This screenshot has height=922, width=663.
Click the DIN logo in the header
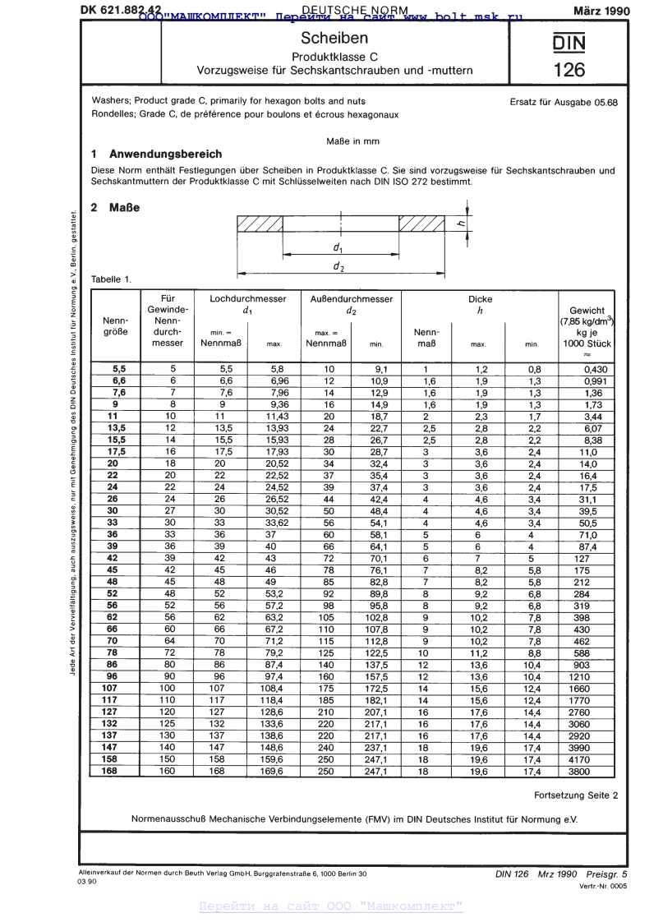pos(569,42)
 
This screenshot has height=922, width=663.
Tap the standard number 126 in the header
pos(569,70)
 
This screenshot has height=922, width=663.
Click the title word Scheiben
pos(334,39)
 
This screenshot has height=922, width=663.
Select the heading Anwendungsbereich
pos(165,154)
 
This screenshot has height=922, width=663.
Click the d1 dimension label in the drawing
pos(338,247)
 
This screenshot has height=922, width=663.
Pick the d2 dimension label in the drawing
pos(338,266)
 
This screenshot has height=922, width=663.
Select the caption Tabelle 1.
pos(111,279)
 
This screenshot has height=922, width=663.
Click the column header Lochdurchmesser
pos(248,300)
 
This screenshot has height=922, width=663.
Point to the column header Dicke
pos(480,300)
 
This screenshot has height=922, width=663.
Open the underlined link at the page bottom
pos(332,906)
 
